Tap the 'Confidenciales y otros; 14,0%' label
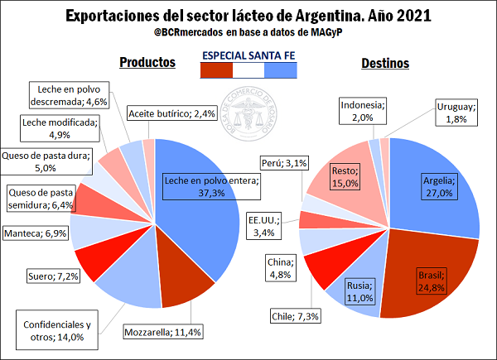56,330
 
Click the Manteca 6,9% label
36,234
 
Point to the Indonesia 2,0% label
363,110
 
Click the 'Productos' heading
147,63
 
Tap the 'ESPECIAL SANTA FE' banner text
248,55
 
